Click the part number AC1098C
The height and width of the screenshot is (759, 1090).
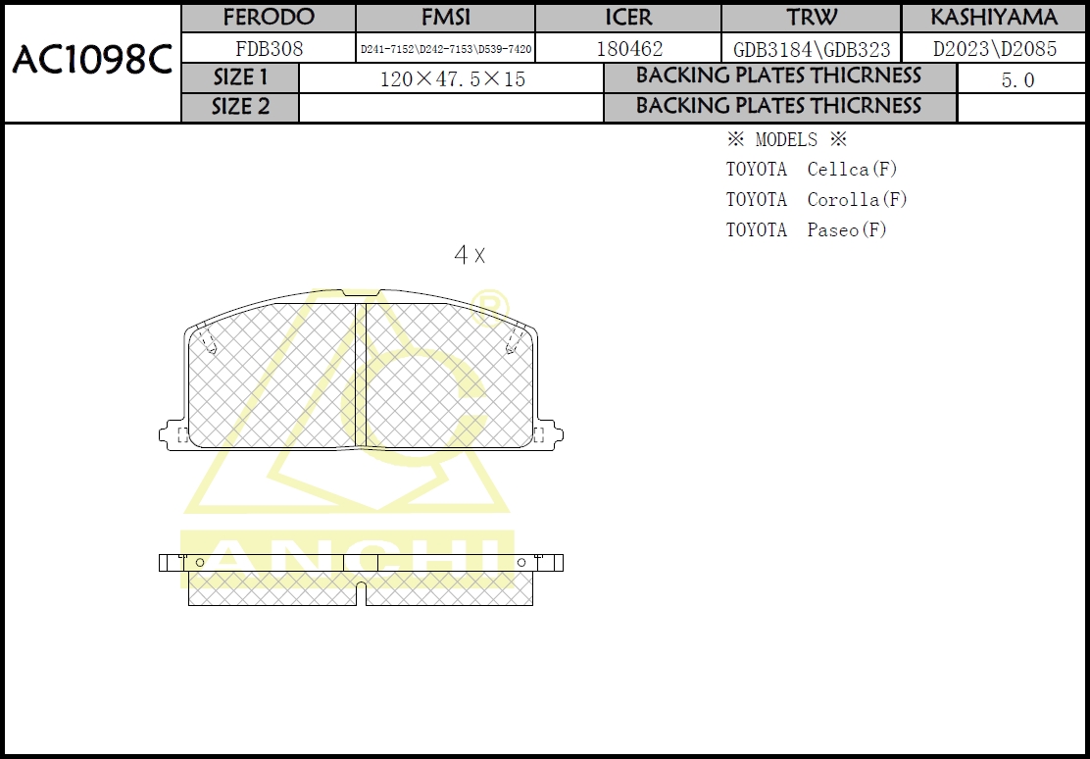91,61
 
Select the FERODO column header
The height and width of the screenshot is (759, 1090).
269,18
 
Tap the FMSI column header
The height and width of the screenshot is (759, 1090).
445,18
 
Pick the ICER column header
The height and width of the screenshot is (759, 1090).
628,18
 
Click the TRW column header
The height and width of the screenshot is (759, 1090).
811,18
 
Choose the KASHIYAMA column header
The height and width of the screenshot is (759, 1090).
994,18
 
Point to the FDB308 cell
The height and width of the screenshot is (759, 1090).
269,48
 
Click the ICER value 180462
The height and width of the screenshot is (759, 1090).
628,48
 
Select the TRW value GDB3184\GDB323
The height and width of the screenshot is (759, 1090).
811,49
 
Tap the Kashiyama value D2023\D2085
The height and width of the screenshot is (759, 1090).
994,48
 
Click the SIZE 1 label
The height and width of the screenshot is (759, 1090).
240,77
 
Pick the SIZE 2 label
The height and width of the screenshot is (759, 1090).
240,107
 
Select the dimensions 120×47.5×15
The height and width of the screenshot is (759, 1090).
452,79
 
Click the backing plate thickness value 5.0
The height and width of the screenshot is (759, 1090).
1017,80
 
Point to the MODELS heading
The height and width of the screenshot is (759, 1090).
786,139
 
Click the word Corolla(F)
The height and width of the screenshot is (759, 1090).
857,199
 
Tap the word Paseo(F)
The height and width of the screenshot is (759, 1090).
846,229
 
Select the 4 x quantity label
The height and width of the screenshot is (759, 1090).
469,256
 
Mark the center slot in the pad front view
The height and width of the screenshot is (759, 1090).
360,375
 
